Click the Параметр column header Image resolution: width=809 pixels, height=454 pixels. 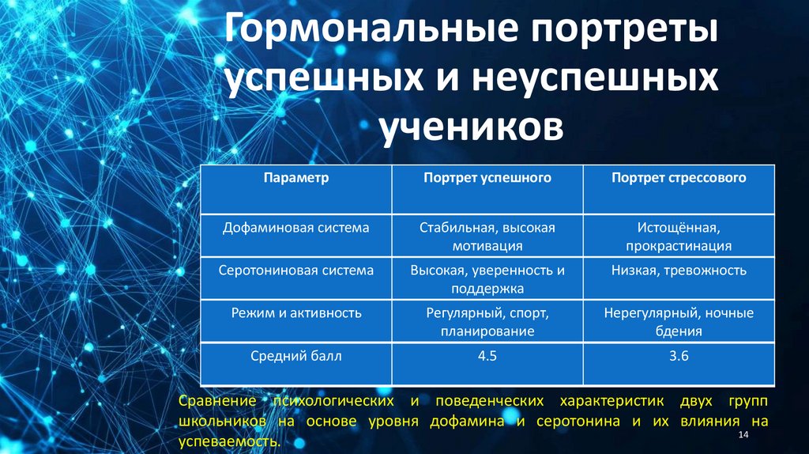(296, 178)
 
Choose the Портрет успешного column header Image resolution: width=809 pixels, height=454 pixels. (487, 178)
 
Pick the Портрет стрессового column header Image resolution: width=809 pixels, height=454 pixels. (679, 178)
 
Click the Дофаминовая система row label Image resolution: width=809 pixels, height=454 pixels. (296, 228)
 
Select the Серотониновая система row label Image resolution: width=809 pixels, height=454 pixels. (296, 271)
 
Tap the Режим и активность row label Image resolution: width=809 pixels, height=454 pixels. (296, 313)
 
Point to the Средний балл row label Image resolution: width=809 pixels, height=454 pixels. (296, 357)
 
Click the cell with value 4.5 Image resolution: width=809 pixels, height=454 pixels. (487, 357)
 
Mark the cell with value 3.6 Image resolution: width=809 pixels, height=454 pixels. (679, 357)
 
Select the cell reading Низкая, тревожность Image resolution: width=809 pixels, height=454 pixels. (679, 271)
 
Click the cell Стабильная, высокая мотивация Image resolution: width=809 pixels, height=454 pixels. (487, 236)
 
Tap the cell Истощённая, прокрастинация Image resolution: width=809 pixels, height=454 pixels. (679, 236)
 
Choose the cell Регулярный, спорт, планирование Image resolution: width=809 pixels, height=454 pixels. (487, 322)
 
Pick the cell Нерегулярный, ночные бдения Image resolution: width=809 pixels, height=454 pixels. (679, 322)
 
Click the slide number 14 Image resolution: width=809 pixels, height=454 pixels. (742, 437)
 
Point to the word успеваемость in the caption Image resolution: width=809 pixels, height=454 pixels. (229, 441)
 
